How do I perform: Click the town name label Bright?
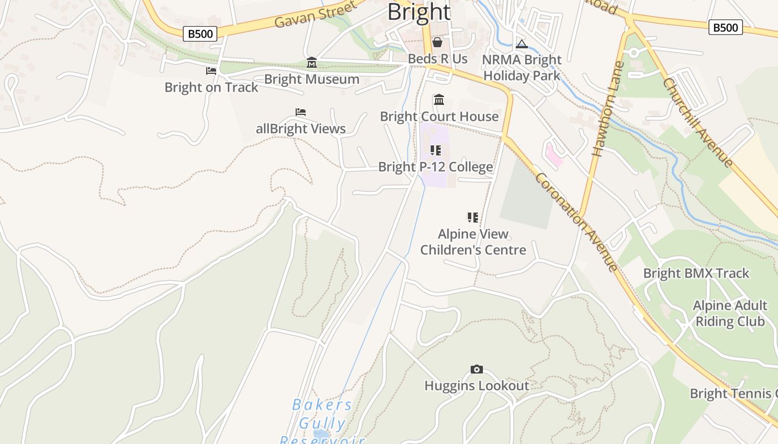[x=418, y=12]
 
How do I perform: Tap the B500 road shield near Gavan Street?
[x=200, y=34]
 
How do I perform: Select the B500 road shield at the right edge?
[x=725, y=27]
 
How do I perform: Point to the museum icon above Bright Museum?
[x=312, y=63]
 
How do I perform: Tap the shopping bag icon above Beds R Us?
[x=437, y=42]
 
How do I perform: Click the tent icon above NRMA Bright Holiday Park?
[x=521, y=44]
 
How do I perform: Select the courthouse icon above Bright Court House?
[x=439, y=100]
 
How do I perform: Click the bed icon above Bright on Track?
[x=211, y=71]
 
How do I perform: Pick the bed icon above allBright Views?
[x=301, y=112]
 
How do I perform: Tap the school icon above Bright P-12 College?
[x=436, y=150]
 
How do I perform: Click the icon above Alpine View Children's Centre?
[x=472, y=218]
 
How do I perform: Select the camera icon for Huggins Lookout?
[x=476, y=370]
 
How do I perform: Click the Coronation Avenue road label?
[x=577, y=222]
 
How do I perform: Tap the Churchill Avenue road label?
[x=698, y=122]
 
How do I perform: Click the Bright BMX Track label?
[x=696, y=273]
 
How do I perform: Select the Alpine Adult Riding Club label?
[x=729, y=314]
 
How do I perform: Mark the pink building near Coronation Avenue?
[x=554, y=154]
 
